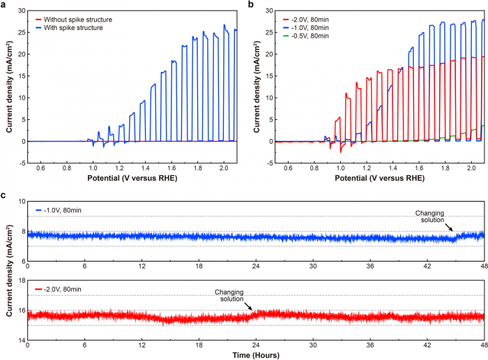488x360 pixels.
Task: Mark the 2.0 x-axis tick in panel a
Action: coord(224,168)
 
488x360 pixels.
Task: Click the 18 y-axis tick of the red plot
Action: coord(20,281)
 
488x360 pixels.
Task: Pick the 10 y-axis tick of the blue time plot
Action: coord(20,202)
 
